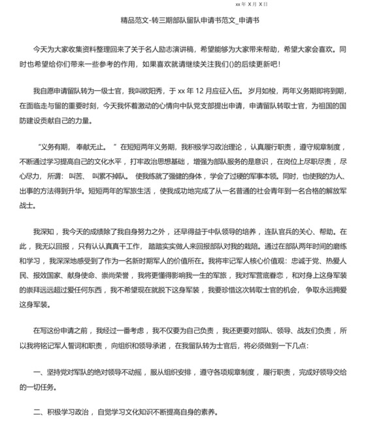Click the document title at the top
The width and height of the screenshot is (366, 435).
[186, 21]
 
